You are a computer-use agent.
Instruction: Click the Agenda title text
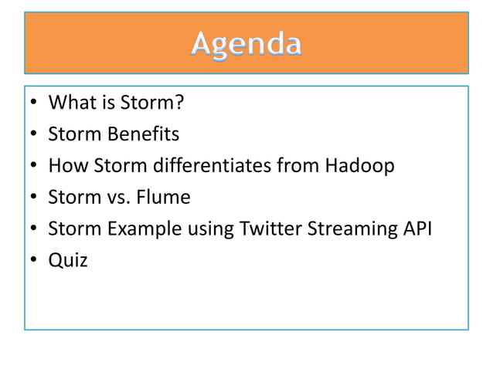246,44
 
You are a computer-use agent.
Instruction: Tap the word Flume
164,198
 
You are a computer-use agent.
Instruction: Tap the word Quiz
68,261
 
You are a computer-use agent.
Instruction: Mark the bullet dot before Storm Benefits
34,135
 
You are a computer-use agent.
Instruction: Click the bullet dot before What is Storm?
34,103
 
